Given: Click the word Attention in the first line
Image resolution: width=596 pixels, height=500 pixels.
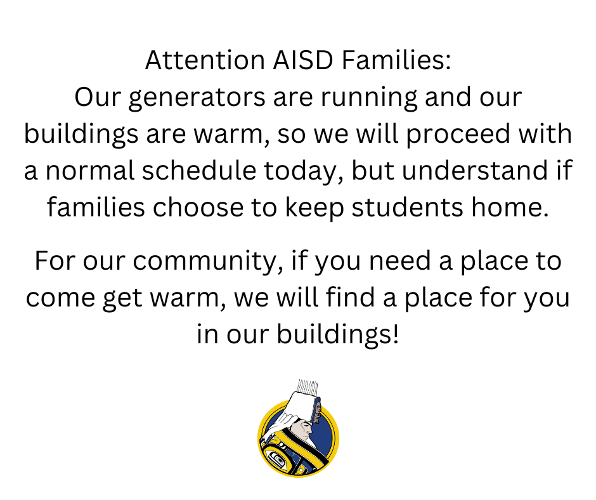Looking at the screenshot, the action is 205,60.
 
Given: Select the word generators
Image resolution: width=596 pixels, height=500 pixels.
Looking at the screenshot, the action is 197,98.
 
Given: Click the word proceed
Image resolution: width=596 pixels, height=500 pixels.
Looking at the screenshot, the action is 458,135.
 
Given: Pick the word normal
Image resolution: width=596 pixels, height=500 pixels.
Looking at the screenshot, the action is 90,170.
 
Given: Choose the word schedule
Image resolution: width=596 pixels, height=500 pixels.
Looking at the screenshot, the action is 199,170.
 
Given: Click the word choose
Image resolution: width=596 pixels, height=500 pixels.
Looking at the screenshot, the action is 198,207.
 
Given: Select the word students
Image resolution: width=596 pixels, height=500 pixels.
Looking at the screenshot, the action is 408,207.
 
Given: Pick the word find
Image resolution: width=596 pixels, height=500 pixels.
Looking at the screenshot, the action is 351,297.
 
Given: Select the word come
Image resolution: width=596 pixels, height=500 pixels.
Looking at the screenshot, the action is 60,298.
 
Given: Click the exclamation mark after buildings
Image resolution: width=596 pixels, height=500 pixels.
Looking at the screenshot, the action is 396,334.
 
